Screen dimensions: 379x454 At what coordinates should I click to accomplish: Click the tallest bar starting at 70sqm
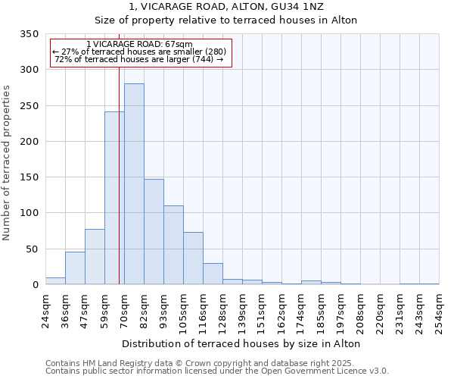134,184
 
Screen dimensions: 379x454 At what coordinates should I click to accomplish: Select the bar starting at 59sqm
114,199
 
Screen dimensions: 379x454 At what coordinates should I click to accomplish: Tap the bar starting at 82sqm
154,232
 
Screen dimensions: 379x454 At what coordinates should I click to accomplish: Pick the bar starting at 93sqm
173,245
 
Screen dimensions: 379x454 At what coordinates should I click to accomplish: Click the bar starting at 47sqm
95,257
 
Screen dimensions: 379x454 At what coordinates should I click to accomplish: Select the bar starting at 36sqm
75,268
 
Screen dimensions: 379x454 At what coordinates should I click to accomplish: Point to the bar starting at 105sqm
193,258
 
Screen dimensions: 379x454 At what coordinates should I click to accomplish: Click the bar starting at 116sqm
213,274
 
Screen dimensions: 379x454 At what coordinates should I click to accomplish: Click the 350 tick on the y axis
29,34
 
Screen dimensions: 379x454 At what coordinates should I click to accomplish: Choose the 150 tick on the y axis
29,177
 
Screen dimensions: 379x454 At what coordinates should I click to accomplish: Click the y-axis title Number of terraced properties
7,162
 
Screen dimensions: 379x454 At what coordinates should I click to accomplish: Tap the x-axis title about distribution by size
241,343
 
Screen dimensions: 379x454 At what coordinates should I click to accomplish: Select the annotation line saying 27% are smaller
139,52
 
